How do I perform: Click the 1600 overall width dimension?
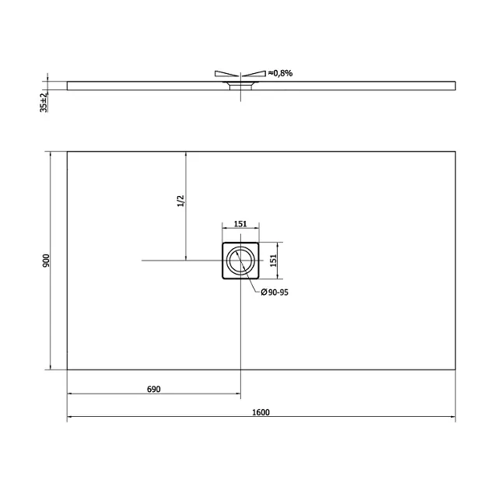click(x=261, y=412)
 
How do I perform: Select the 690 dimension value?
click(x=154, y=389)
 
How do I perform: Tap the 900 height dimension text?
click(x=46, y=261)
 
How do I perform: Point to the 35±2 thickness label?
click(x=44, y=102)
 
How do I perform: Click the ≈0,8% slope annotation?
click(x=280, y=73)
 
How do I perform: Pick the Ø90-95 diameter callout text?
click(x=275, y=292)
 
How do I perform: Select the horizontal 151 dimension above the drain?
click(x=240, y=224)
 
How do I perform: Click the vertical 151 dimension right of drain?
click(x=274, y=261)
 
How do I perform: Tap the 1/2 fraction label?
click(x=181, y=201)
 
